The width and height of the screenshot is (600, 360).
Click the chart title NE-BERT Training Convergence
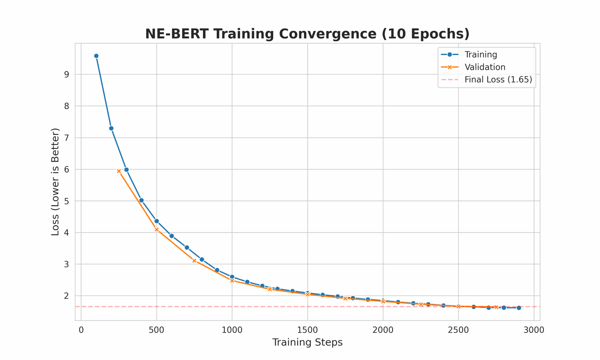coord(307,34)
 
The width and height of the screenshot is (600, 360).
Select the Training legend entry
coord(480,54)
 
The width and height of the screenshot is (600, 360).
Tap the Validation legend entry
coord(485,67)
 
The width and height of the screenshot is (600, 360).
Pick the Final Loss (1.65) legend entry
coord(498,80)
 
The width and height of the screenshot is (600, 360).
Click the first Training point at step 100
coord(96,56)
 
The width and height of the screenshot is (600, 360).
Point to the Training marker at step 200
coord(111,128)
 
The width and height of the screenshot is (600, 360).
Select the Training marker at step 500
coord(156,221)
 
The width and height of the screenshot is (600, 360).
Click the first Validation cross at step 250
coord(119,171)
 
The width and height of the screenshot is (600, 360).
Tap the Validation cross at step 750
coord(194,261)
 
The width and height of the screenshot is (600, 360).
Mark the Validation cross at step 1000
coord(232,281)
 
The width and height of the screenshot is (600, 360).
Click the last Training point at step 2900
coord(519,308)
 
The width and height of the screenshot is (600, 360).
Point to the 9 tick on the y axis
coord(67,74)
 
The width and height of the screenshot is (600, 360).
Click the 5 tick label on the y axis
coord(67,201)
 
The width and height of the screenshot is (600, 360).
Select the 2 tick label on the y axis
coord(67,296)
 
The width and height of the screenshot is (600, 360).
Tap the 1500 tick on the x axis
coord(307,330)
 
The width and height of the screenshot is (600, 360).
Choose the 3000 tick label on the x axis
coord(534,330)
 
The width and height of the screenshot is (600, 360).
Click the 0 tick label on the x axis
coord(81,330)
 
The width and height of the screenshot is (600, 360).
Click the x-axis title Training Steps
coord(307,342)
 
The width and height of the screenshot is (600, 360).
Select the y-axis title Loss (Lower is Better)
coord(55,182)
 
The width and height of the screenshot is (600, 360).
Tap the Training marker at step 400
coord(142,200)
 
